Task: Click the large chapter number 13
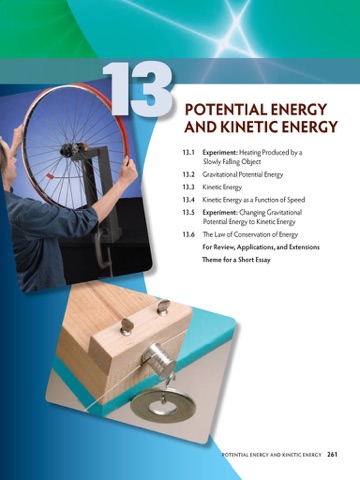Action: coord(137,88)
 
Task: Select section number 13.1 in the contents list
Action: coord(188,153)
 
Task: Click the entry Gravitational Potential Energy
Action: coord(243,174)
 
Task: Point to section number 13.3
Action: coord(188,187)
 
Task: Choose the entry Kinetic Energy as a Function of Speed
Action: coord(254,200)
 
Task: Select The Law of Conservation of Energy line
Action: coord(250,234)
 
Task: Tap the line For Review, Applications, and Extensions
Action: coord(261,247)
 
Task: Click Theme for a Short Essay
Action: coord(236,260)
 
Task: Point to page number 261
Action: coord(332,454)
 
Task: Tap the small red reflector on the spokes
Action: coord(51,175)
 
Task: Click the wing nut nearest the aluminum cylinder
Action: coord(127,326)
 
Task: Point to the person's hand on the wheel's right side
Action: coord(128,172)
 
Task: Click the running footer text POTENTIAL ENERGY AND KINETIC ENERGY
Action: coord(272,455)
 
